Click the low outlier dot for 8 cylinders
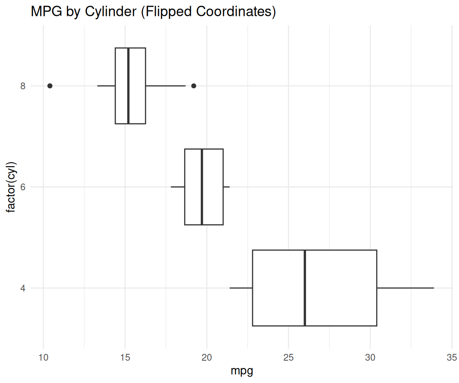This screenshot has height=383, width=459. tap(50, 86)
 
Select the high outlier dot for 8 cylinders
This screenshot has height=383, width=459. tap(194, 86)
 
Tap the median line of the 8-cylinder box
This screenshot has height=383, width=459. tap(128, 86)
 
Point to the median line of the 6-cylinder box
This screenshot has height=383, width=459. tap(202, 187)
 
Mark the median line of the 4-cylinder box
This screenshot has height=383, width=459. tap(305, 288)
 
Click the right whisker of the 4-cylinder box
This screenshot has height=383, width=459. tap(405, 288)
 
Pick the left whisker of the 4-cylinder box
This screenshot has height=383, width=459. tap(241, 288)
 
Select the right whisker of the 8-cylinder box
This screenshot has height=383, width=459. tap(165, 86)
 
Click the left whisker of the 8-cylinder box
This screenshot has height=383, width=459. tap(106, 86)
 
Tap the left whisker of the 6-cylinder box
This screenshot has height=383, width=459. tap(178, 187)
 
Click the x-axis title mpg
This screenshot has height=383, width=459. tap(242, 371)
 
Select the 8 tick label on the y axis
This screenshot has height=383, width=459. tap(23, 86)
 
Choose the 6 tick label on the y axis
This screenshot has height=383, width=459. tap(23, 187)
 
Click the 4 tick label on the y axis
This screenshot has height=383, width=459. tap(23, 288)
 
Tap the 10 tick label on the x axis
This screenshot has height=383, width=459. tap(43, 356)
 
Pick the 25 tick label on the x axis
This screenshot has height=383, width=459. tap(288, 356)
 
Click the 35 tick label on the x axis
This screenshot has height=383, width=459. tap(452, 356)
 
